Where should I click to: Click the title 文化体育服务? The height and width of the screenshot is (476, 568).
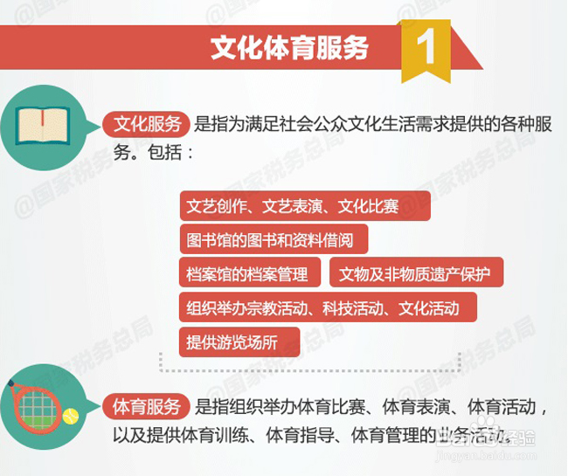point(289,48)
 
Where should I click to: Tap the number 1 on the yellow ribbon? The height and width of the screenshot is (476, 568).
point(426,46)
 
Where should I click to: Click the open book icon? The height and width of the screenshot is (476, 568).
point(43,126)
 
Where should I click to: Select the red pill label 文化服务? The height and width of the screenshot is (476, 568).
point(146,124)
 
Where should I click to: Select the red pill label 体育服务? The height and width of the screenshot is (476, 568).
point(146,406)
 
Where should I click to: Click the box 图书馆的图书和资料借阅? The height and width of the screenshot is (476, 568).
point(274,239)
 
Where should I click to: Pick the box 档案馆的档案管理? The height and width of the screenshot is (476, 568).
point(250,272)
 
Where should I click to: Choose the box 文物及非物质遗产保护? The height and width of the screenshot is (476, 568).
point(416,272)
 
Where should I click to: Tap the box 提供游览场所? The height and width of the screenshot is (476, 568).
point(239,342)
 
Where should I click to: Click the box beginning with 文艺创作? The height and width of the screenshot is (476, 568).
point(305,206)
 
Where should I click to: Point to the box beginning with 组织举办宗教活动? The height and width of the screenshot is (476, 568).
point(328,307)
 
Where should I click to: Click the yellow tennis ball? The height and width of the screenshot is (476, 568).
point(71,417)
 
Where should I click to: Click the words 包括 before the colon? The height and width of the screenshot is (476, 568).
point(165,152)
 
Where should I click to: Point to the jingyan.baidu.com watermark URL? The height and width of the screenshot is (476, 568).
point(485,455)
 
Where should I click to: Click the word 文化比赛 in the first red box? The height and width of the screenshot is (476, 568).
point(368,206)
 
